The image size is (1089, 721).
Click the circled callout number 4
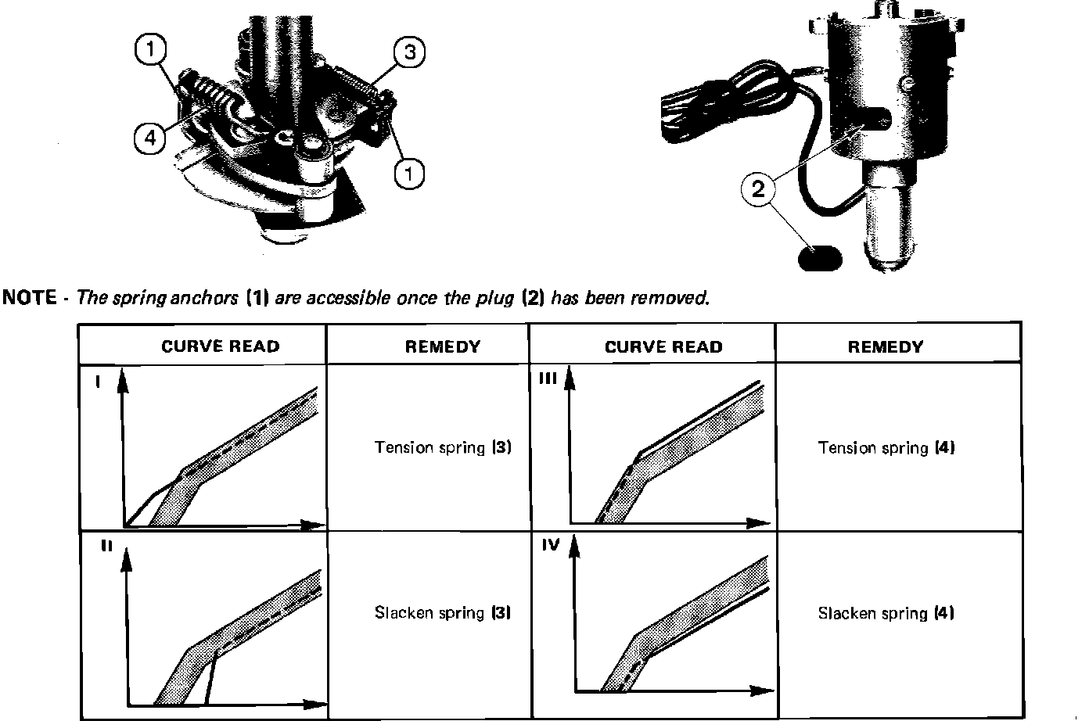(x=149, y=138)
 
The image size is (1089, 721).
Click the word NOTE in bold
(x=30, y=298)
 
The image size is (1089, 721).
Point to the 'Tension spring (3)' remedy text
(x=443, y=448)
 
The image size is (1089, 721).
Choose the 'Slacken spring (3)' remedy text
(x=443, y=612)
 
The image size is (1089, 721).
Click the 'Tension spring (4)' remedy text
(x=886, y=448)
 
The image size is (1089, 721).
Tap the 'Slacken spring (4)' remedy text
(x=886, y=613)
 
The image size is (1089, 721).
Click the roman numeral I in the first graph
(x=96, y=382)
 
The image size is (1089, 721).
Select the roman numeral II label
(x=106, y=547)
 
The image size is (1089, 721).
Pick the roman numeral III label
(x=548, y=378)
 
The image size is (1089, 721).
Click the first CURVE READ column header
(x=220, y=346)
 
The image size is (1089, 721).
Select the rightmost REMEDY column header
(x=885, y=346)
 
